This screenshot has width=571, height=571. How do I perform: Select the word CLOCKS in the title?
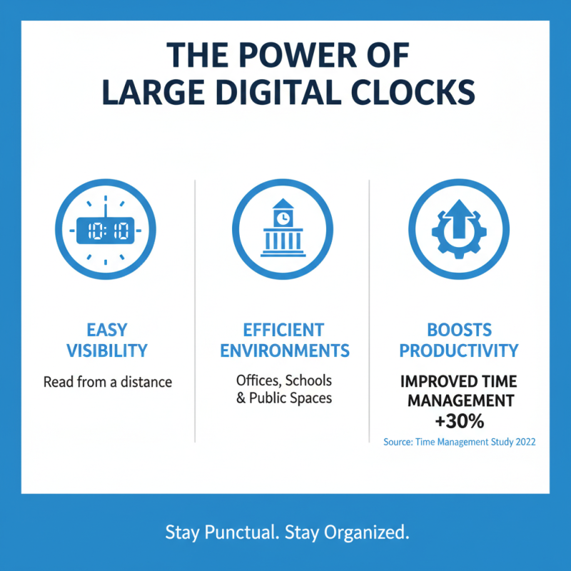(416, 94)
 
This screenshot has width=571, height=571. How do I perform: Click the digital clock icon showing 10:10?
(107, 229)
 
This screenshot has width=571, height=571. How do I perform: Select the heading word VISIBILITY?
(107, 350)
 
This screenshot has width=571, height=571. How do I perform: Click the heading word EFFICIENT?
(283, 330)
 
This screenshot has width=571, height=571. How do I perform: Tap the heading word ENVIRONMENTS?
(284, 350)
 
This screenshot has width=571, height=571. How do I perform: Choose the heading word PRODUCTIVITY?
(459, 350)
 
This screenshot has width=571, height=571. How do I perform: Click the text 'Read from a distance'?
(107, 382)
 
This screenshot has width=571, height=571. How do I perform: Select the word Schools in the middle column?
(308, 380)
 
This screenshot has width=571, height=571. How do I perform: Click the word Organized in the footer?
(366, 532)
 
